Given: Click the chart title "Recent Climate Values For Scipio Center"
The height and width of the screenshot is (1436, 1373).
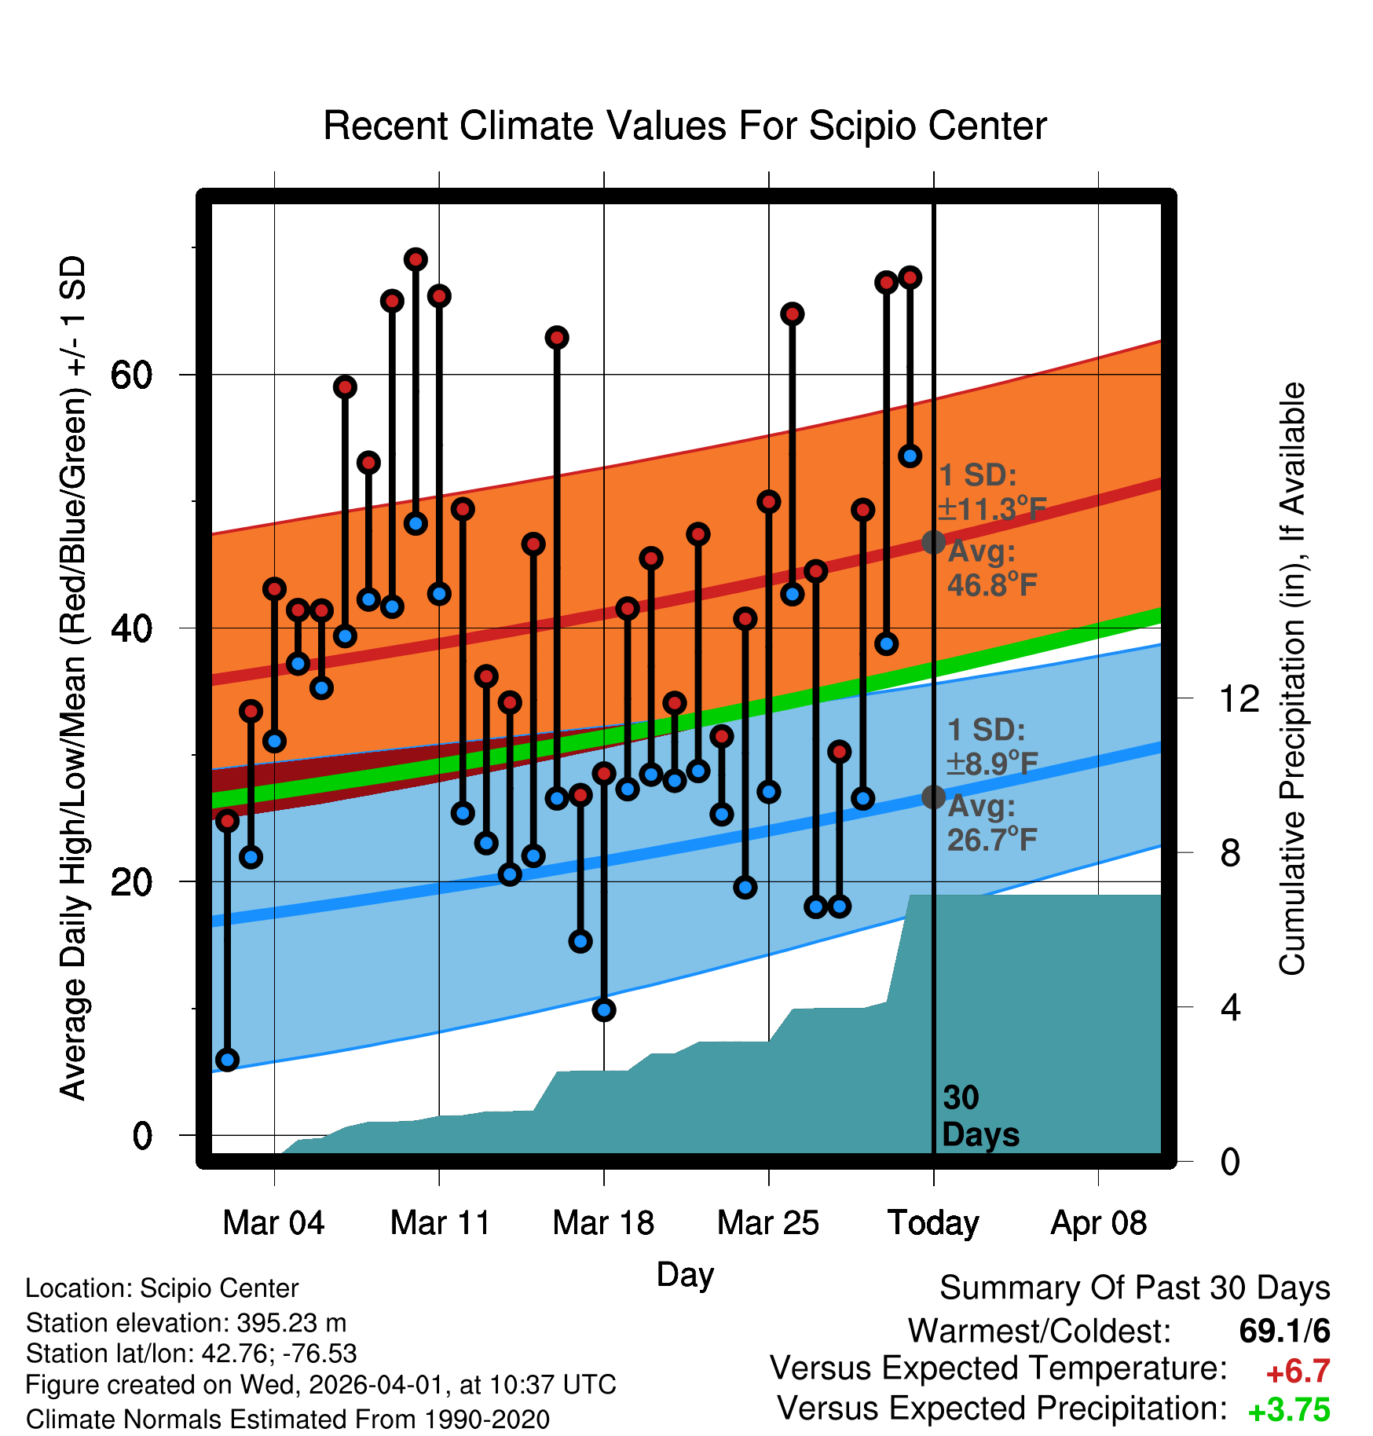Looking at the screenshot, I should [x=685, y=126].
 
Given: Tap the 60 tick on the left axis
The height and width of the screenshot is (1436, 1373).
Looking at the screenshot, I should [x=131, y=375].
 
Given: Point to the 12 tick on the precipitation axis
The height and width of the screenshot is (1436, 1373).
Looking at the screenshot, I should [x=1239, y=698].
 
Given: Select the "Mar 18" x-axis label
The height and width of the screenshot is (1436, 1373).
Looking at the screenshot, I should [x=603, y=1223].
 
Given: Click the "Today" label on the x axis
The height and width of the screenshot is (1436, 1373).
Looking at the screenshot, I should [x=933, y=1223].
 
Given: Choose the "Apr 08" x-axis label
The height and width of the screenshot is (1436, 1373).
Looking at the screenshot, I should [x=1098, y=1223].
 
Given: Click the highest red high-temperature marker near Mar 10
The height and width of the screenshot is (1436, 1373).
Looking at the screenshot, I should [x=416, y=259].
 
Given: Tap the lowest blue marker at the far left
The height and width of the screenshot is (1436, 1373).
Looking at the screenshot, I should [x=227, y=1060].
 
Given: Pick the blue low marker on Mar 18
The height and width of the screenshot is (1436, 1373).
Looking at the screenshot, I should [x=604, y=1010].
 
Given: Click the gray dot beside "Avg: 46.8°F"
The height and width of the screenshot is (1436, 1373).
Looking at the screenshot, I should [x=933, y=542].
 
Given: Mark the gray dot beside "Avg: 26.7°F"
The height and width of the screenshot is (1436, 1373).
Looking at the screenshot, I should [x=933, y=797].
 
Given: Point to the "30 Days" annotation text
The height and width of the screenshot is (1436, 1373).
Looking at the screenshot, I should [x=979, y=1116].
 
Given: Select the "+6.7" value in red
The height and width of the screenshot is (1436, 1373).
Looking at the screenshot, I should [x=1298, y=1372].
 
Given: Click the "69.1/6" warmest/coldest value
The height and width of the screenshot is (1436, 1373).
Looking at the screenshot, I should [x=1284, y=1331].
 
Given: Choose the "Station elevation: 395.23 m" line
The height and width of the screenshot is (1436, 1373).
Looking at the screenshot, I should [x=186, y=1323].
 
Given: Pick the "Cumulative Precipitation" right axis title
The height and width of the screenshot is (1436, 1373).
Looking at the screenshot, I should [x=1292, y=679].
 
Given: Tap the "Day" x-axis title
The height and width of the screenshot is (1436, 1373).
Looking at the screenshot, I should [x=685, y=1274].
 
